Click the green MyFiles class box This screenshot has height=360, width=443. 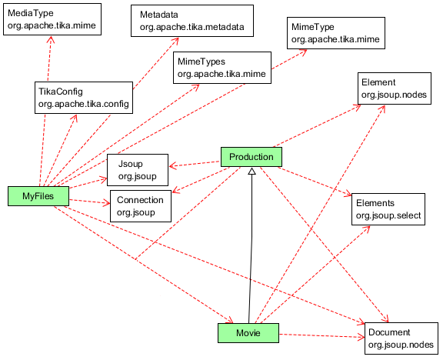tap(38, 196)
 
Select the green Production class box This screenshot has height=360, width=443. tap(251, 157)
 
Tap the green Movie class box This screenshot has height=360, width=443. tap(248, 333)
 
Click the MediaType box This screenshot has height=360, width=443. tap(52, 19)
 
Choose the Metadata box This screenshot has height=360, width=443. tap(192, 21)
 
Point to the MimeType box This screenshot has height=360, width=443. tap(336, 33)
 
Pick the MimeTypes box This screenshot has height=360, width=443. tap(222, 68)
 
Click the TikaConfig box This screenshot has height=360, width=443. tap(84, 98)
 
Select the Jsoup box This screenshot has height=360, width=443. tap(138, 170)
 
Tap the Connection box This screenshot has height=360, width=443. tap(141, 206)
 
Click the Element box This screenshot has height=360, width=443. tap(395, 88)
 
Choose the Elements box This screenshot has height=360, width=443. tap(388, 209)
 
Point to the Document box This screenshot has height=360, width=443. tap(401, 338)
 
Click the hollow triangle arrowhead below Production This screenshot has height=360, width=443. tap(252, 171)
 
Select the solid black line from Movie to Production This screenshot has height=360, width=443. tap(250, 248)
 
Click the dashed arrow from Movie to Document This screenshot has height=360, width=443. tap(321, 335)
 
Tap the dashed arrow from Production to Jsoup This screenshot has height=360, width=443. tap(195, 164)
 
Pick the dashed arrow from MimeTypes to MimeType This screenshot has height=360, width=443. tap(289, 59)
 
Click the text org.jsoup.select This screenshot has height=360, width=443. tap(388, 215)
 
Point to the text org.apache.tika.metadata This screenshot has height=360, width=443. tap(192, 27)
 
